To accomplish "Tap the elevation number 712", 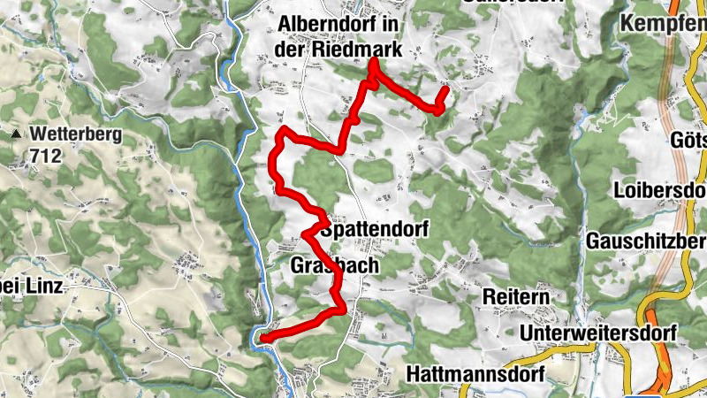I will pos(44,157).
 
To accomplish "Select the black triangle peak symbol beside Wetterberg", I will pos(16,135).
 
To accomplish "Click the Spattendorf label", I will pos(375,229).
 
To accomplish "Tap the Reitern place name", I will pos(516,295).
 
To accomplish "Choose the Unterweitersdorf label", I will pos(598,333).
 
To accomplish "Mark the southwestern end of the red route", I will pos(262,337).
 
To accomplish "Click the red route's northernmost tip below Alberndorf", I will pos(373,62).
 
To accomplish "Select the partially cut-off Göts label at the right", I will pos(688,142).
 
